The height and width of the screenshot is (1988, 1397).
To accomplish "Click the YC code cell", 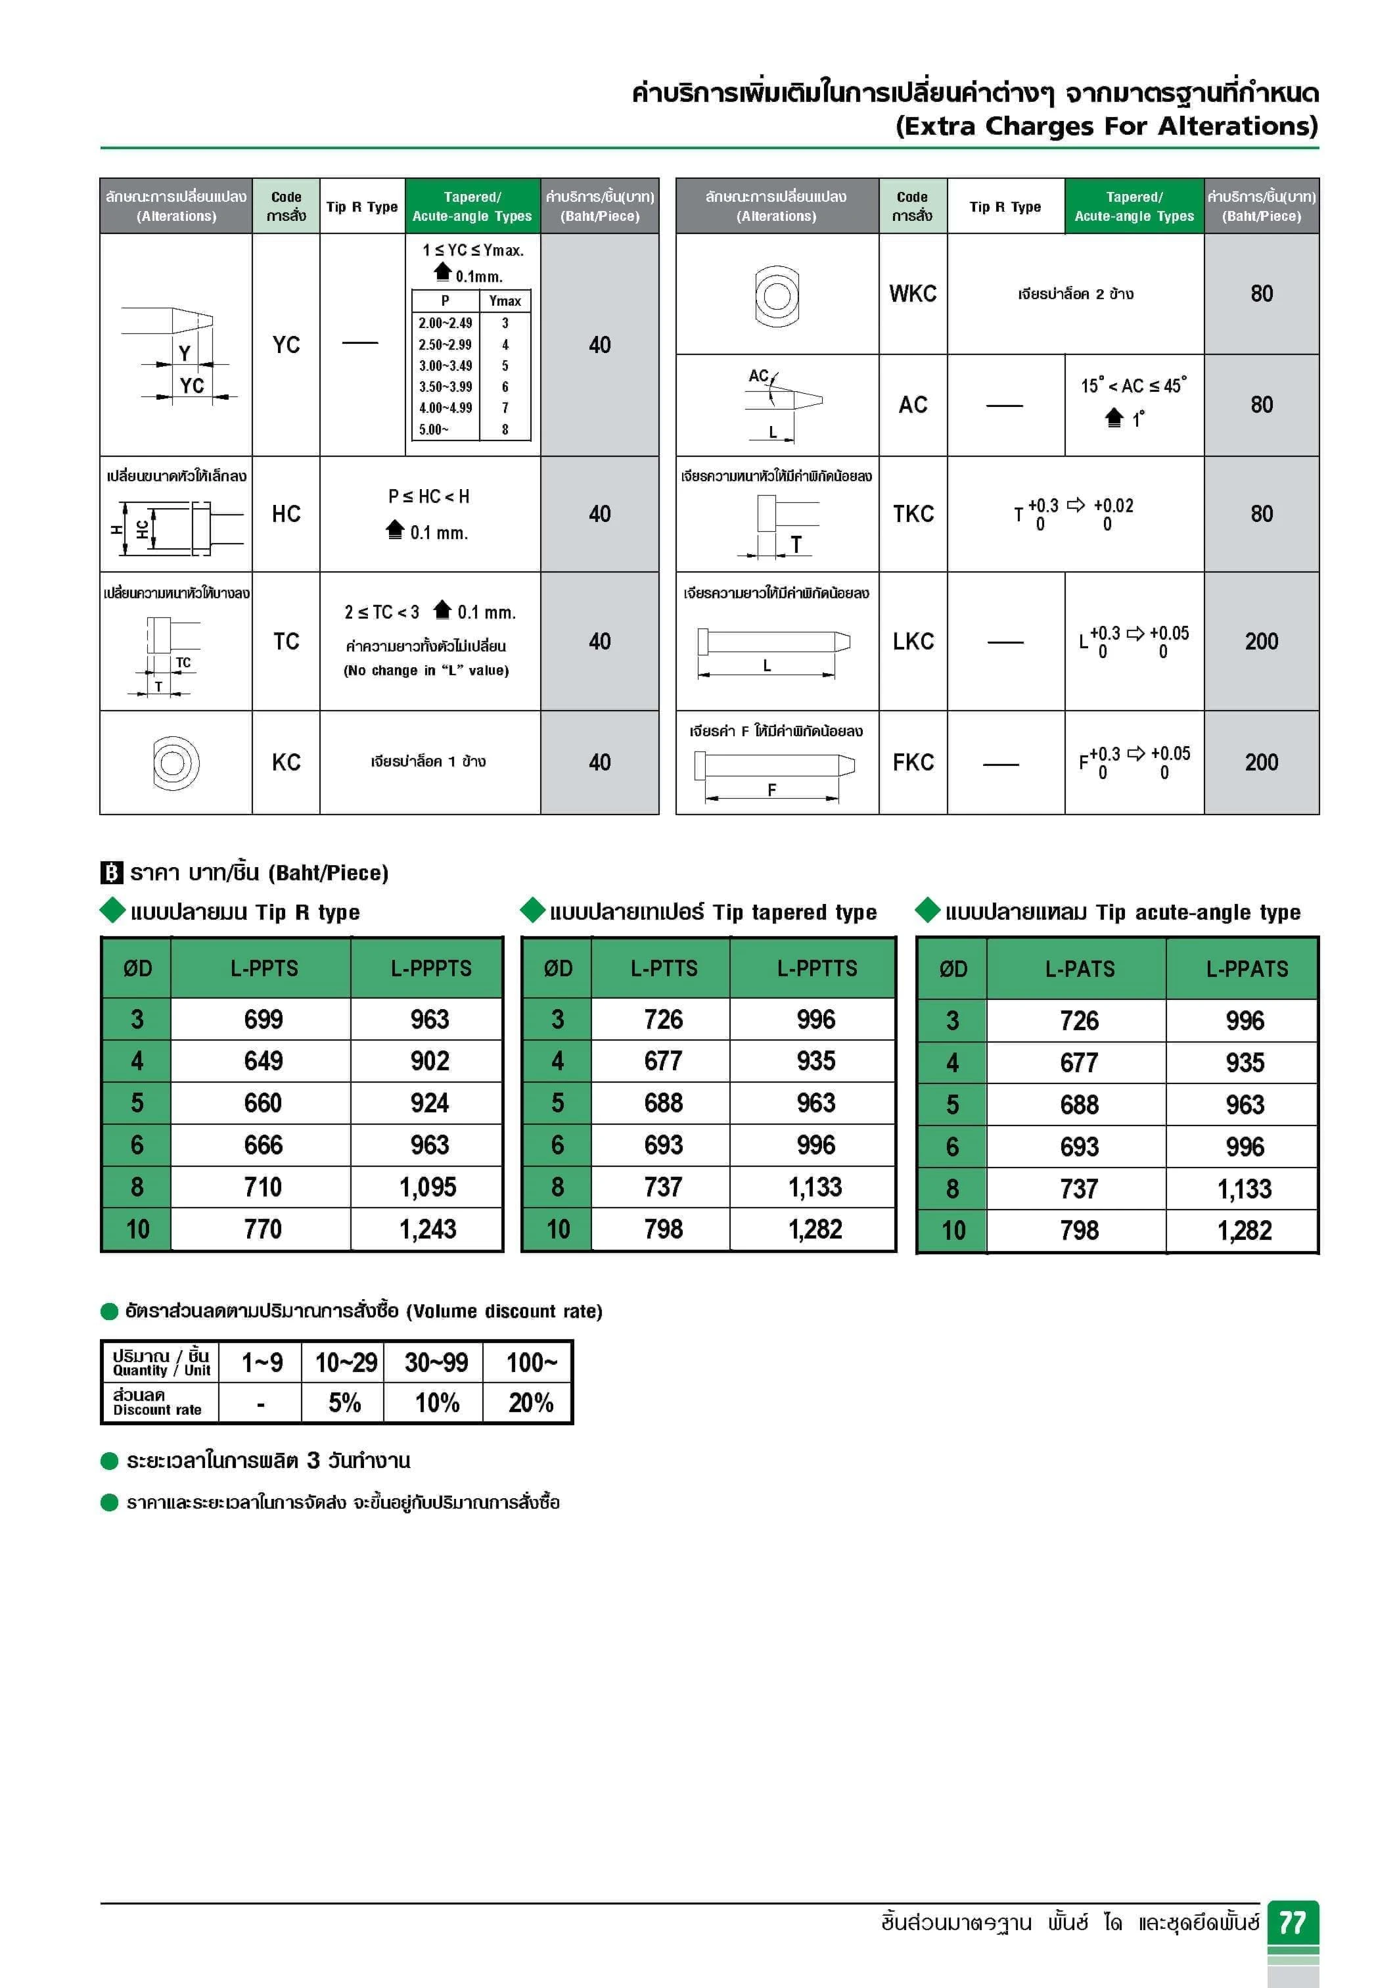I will (286, 344).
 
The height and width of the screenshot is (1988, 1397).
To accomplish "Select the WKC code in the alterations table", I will (912, 293).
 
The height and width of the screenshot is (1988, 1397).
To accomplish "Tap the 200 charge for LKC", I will (1261, 642).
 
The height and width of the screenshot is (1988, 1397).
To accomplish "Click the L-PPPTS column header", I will (430, 968).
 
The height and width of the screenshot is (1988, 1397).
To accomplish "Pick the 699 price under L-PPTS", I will (263, 1019).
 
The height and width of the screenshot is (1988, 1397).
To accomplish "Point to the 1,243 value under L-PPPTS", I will (428, 1229).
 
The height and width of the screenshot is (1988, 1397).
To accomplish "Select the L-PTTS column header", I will (663, 968).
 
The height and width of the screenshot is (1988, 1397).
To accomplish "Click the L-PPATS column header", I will (1247, 969).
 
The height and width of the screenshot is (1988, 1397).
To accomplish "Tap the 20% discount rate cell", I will (530, 1403).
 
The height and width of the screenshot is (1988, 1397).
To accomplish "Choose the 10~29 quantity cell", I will (346, 1363).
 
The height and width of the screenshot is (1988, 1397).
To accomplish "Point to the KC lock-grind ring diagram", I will (175, 763).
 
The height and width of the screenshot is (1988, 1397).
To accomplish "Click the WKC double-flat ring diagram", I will (777, 295).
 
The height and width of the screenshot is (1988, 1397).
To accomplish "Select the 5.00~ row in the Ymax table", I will (471, 429).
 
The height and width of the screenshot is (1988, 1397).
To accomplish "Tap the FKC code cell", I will (912, 763).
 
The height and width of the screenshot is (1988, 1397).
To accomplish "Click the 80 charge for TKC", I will (1261, 514).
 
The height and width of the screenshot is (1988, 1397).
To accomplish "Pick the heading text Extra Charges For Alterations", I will (1106, 126).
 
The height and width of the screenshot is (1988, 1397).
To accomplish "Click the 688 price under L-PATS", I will (1078, 1105).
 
